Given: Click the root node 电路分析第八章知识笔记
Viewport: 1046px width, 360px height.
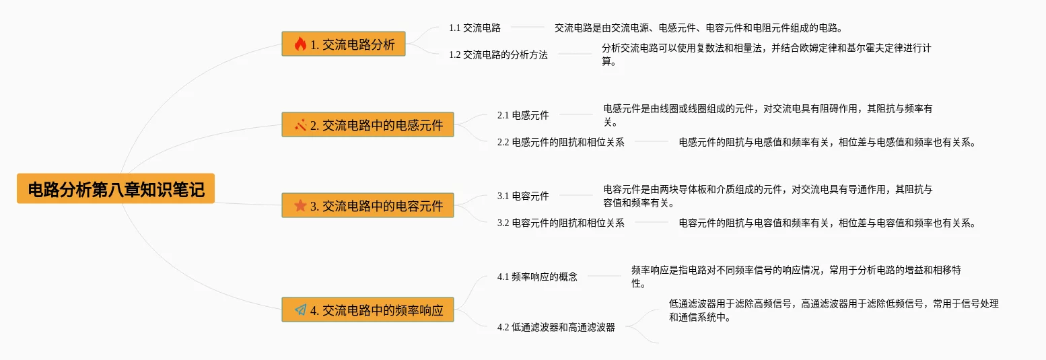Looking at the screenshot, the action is (116, 188).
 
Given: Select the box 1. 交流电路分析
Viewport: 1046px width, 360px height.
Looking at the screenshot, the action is (343, 44).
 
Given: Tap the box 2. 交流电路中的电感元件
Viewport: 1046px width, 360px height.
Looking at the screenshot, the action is (368, 124).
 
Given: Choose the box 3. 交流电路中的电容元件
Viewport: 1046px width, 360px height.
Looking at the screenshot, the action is (368, 205).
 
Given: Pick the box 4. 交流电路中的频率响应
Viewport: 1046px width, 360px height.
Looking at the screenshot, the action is (368, 310).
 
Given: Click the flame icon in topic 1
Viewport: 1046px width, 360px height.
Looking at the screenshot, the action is (300, 44).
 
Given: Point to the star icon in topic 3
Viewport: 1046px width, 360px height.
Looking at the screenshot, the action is (300, 205).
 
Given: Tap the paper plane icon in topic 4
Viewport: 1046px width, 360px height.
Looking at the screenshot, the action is (300, 310).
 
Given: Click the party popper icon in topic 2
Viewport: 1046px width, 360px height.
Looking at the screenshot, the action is (300, 124).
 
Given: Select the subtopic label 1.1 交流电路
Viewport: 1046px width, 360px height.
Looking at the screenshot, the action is (475, 28).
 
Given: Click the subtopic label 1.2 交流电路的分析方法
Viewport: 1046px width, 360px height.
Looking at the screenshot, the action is (498, 55).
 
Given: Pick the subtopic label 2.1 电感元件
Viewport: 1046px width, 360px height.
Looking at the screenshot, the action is (523, 115).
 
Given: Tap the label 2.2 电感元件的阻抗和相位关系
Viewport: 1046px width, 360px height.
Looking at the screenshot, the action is (561, 143).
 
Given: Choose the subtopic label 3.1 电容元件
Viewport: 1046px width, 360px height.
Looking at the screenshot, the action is (523, 196).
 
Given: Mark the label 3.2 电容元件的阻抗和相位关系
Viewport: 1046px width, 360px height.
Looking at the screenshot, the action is (561, 223).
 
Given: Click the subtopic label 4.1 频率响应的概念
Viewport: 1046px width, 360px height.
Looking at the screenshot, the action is (537, 277).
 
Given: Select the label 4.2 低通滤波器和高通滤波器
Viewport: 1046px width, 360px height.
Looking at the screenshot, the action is (556, 327).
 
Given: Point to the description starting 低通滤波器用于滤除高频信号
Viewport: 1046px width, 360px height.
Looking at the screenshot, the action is (833, 310).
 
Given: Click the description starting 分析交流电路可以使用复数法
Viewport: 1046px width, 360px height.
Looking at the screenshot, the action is (766, 55).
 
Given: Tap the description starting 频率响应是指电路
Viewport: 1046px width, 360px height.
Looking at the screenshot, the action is (796, 277).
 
